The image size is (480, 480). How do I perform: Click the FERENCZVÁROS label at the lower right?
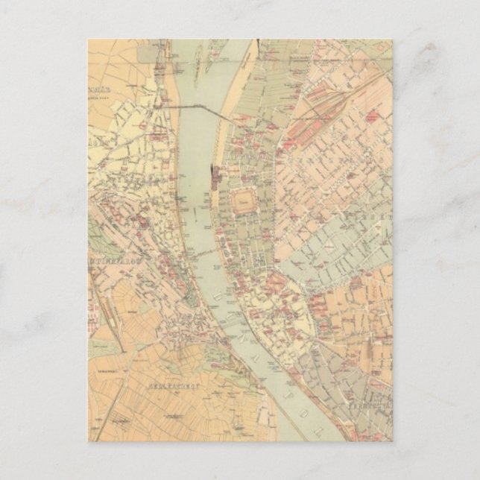pos(369,408)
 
